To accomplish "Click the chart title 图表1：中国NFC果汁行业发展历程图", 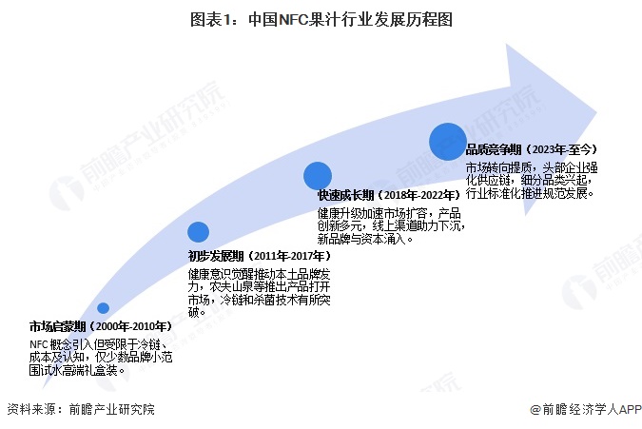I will pyautogui.click(x=321, y=18).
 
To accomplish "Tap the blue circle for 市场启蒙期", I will pyautogui.click(x=103, y=308).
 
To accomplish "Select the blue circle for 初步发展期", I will pyautogui.click(x=198, y=231).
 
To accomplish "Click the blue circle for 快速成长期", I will pyautogui.click(x=317, y=175).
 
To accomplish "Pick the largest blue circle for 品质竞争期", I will pyautogui.click(x=448, y=141).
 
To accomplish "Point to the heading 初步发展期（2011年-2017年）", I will pyautogui.click(x=259, y=257).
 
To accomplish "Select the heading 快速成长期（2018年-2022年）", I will pyautogui.click(x=381, y=195).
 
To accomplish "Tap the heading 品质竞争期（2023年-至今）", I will pyautogui.click(x=531, y=149).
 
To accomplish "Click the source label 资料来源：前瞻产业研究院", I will pyautogui.click(x=80, y=410).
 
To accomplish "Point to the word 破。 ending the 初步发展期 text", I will pyautogui.click(x=196, y=311).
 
